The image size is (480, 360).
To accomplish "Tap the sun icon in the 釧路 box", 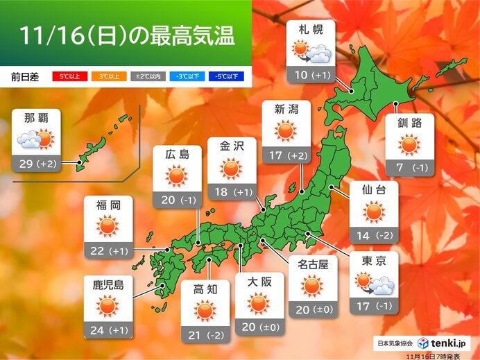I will point(409,145).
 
